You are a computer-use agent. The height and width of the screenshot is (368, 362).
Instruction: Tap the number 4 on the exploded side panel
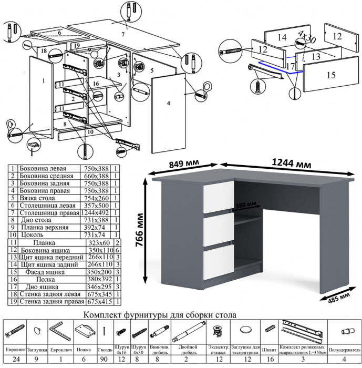point(169,104)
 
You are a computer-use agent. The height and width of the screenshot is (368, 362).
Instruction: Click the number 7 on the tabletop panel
point(122,34)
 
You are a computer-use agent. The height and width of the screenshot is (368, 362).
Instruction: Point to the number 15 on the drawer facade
point(330,75)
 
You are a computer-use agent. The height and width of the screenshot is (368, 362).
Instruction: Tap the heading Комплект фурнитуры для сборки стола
point(160,315)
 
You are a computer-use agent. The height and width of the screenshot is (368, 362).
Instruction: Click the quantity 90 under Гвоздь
point(105,360)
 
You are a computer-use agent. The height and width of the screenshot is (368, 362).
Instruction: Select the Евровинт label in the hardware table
point(15,349)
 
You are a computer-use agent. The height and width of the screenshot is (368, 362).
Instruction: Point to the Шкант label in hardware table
point(270,349)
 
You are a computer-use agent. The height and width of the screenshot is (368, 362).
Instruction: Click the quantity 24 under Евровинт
point(15,360)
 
